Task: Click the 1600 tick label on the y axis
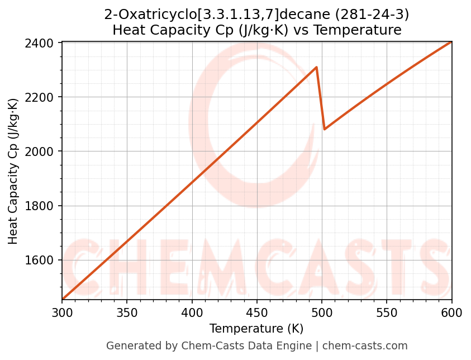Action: [42, 260]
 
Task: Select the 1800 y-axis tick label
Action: [42, 206]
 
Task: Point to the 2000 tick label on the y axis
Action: [42, 151]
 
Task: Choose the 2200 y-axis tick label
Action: [42, 97]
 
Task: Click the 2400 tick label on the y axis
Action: [42, 43]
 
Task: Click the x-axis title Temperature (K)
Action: [256, 329]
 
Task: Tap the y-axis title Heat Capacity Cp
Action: [13, 171]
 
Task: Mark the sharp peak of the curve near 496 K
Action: [317, 67]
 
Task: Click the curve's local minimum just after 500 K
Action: [325, 129]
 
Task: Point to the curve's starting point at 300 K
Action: [63, 299]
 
